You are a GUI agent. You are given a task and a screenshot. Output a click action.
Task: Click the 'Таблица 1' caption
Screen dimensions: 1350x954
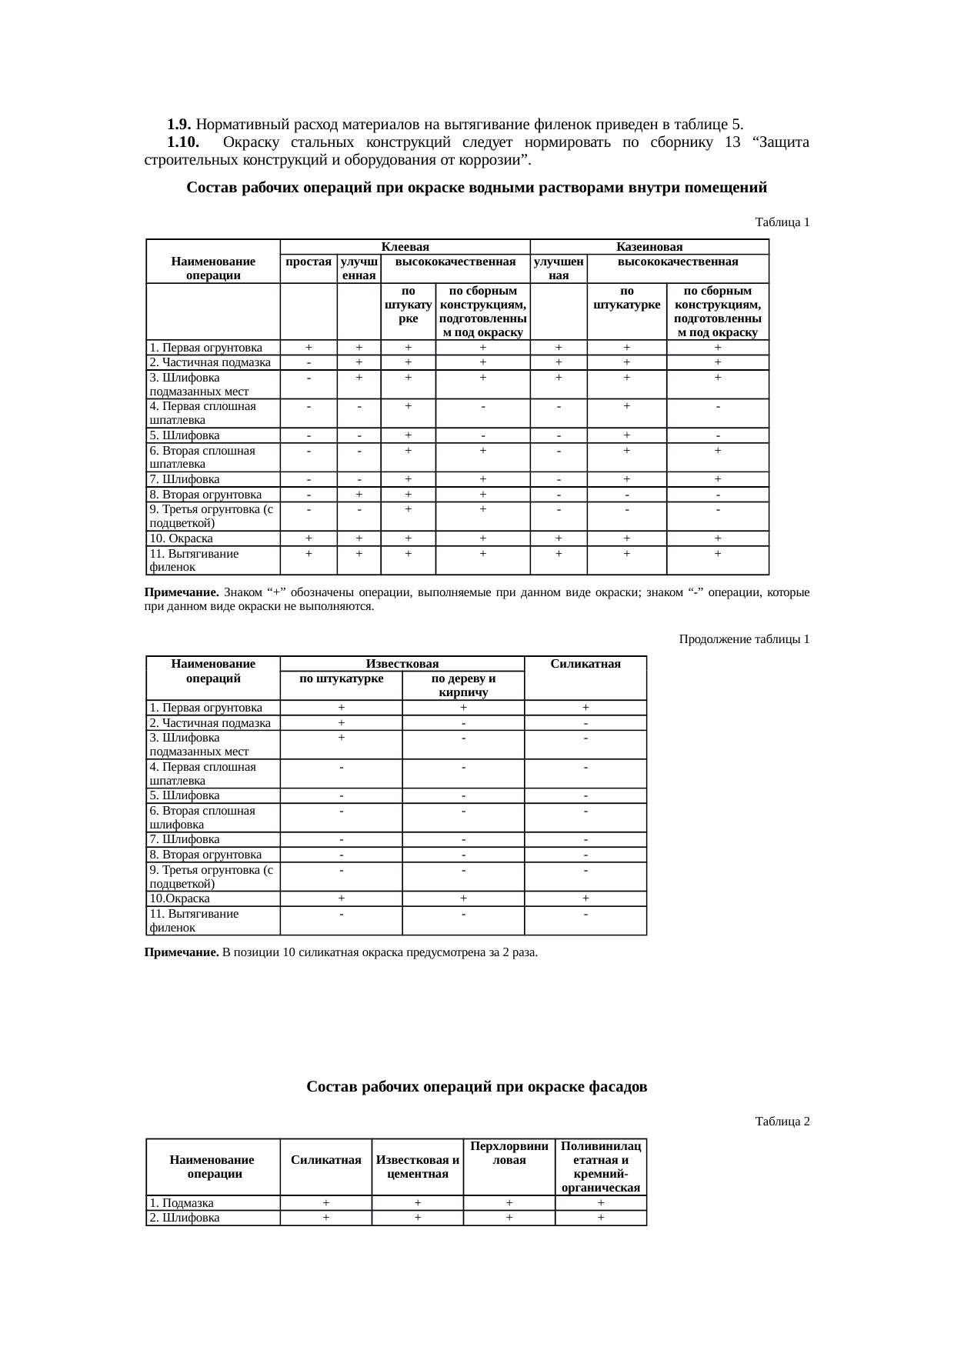click(x=782, y=222)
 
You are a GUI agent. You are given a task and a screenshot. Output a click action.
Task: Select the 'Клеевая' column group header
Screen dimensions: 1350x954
click(x=405, y=247)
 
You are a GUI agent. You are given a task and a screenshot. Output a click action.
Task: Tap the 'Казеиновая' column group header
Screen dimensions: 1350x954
click(x=649, y=247)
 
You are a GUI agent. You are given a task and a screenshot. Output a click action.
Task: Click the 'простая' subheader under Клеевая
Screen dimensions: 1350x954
click(x=308, y=262)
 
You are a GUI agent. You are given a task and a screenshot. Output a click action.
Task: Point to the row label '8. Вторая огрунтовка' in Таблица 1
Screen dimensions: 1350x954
click(x=206, y=495)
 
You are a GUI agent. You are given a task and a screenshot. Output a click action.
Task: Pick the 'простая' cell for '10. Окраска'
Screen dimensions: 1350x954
click(x=309, y=538)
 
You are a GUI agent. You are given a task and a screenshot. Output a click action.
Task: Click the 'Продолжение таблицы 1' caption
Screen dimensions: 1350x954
click(x=744, y=639)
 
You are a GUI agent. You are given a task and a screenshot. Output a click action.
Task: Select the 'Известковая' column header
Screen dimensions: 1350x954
click(x=402, y=664)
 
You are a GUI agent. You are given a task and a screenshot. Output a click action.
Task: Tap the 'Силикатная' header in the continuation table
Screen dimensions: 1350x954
click(x=585, y=664)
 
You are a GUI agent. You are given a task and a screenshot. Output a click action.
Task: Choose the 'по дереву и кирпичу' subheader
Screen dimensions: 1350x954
click(x=462, y=685)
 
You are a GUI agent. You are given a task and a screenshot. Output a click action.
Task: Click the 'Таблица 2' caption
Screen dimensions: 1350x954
click(x=782, y=1121)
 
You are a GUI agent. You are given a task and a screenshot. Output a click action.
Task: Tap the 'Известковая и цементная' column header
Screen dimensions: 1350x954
click(x=417, y=1166)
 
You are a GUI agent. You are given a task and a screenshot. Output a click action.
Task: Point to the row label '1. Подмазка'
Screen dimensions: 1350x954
click(x=182, y=1203)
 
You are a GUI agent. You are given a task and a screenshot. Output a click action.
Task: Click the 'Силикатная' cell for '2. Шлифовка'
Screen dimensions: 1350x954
click(x=326, y=1218)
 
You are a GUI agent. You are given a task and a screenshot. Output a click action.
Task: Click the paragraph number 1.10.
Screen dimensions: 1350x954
click(x=183, y=142)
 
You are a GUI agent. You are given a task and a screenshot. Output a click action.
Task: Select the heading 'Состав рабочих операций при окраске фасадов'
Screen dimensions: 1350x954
click(x=476, y=1086)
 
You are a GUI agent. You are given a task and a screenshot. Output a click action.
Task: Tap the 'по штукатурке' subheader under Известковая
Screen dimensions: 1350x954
click(x=341, y=678)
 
